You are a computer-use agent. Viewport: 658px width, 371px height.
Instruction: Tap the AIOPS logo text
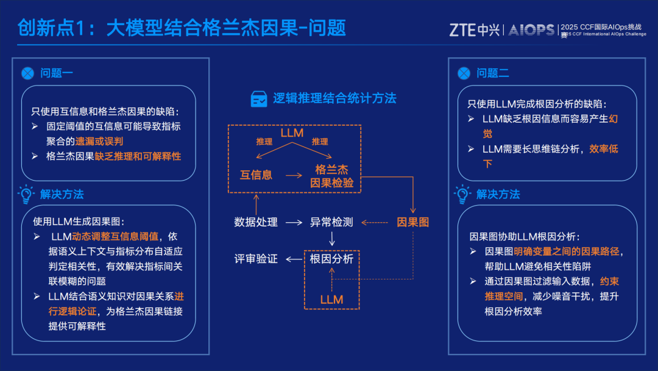tap(531, 29)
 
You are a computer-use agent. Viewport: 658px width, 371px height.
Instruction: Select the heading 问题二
tap(492, 73)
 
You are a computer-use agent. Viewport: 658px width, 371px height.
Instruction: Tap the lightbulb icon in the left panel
tap(26, 194)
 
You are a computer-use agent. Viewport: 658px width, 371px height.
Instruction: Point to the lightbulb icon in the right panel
tap(462, 194)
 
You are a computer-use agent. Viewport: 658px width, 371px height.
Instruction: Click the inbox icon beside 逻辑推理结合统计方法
tap(259, 98)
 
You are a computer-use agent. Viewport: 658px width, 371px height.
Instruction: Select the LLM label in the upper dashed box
tap(292, 132)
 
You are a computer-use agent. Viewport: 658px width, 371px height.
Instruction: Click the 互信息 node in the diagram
tap(256, 175)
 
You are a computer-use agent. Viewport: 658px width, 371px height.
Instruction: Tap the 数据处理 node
tap(256, 222)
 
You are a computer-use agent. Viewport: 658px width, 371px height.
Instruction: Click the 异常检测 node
tap(331, 222)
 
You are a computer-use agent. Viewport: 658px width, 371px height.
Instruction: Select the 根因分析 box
tap(331, 259)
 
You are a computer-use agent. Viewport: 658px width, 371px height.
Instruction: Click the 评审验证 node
tap(256, 259)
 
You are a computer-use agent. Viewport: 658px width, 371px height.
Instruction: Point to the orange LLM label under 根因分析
tap(331, 300)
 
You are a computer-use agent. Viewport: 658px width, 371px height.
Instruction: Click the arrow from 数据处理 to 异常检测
tap(294, 222)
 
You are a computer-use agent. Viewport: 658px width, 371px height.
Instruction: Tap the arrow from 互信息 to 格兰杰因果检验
tap(294, 175)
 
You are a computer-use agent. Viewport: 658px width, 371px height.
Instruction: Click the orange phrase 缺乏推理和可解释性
tap(138, 156)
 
